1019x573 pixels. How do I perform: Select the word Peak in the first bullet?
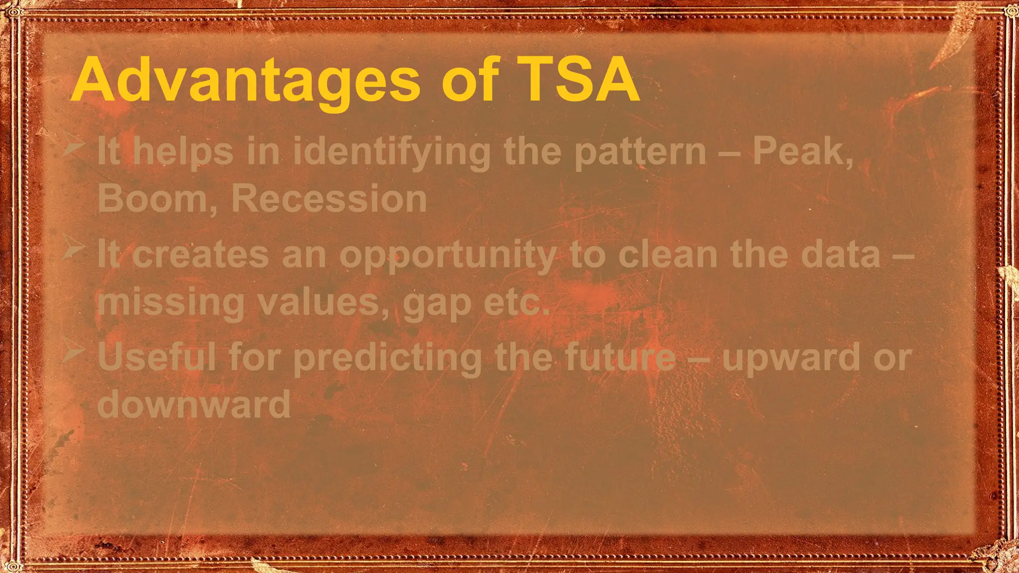802,151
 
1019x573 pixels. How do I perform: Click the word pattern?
640,152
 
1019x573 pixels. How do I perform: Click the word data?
841,254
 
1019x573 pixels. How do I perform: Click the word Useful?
157,356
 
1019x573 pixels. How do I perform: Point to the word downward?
194,403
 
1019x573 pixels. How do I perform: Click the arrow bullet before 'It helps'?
74,148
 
